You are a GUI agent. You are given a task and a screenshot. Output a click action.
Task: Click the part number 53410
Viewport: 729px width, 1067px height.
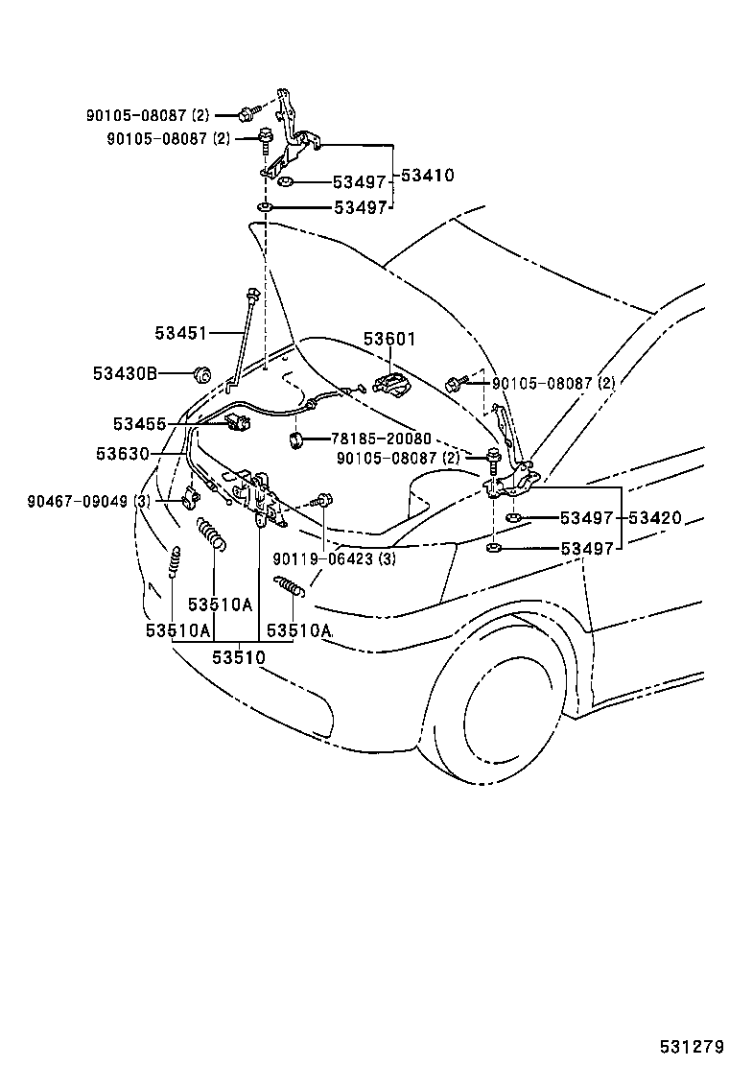[x=428, y=176]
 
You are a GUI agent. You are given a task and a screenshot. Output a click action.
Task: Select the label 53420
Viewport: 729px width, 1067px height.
[x=655, y=518]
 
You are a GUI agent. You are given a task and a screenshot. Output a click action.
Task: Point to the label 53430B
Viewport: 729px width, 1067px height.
[x=125, y=372]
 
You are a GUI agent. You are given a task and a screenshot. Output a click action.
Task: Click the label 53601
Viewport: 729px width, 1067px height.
[x=388, y=340]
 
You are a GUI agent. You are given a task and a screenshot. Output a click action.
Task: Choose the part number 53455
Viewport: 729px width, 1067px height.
[x=139, y=423]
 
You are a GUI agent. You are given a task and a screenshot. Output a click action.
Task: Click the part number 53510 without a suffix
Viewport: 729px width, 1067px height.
[x=238, y=657]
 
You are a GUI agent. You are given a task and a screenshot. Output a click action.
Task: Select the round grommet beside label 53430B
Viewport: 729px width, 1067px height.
[x=201, y=372]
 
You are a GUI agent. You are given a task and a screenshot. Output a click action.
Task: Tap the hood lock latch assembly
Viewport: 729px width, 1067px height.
[x=259, y=497]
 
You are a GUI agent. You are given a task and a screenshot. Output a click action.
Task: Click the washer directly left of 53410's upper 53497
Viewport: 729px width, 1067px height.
[x=286, y=182]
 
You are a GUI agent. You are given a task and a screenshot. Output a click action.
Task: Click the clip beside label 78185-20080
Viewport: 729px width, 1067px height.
[x=295, y=439]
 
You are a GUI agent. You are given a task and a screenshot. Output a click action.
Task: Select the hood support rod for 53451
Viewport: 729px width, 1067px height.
[x=241, y=341]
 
